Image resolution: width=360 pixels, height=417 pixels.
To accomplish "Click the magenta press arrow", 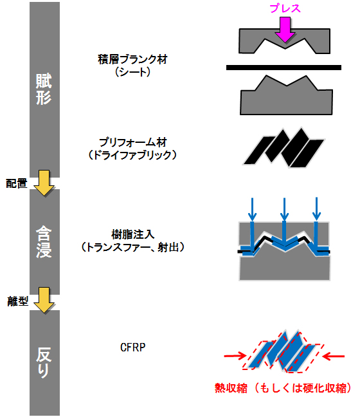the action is [x=285, y=29].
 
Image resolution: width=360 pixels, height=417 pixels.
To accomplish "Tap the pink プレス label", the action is [x=285, y=8].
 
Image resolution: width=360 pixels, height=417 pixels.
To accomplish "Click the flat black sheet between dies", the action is [x=283, y=68].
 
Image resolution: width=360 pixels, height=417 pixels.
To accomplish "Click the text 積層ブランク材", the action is [x=132, y=59].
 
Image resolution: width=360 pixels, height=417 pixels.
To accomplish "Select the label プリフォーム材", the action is [x=132, y=143].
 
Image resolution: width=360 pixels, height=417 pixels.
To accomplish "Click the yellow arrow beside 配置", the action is [x=44, y=183].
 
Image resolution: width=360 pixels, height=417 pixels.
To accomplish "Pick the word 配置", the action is [x=17, y=183].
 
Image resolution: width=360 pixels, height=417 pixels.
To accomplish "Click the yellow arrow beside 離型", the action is [x=44, y=300].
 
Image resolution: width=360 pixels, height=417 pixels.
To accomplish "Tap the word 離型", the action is [x=17, y=301].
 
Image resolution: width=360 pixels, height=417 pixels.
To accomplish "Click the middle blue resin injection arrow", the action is [x=284, y=209].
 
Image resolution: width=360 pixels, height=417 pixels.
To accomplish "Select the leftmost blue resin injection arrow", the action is [x=252, y=209].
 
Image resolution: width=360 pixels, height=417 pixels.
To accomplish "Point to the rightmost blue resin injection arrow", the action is [x=316, y=209].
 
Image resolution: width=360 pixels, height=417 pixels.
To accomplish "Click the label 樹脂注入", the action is [x=133, y=234].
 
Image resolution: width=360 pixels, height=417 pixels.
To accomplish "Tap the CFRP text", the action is [x=133, y=347].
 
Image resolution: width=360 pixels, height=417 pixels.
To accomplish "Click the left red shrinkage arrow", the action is [x=235, y=356].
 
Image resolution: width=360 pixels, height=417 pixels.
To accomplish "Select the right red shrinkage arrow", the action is [x=333, y=356].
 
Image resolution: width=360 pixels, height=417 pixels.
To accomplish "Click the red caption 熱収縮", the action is [x=231, y=388].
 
